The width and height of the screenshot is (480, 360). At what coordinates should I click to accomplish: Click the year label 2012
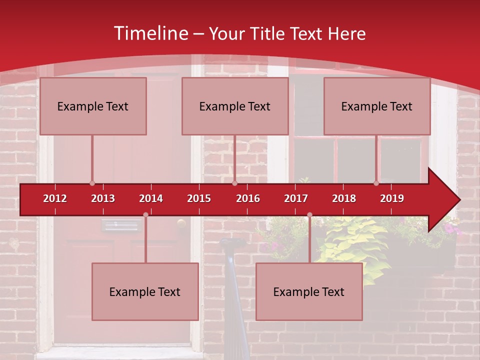click(x=55, y=198)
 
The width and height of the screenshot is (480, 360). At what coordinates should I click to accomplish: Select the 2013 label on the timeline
click(x=103, y=198)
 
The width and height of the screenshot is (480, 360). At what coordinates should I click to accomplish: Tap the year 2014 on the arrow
click(x=151, y=198)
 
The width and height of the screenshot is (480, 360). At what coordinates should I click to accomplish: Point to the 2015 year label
click(x=199, y=198)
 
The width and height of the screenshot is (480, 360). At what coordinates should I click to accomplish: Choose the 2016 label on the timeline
click(x=248, y=198)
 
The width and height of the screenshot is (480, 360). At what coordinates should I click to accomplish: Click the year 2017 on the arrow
click(x=296, y=198)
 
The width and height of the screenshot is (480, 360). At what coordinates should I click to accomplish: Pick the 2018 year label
click(x=344, y=198)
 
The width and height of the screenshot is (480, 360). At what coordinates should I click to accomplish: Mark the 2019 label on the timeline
click(x=392, y=198)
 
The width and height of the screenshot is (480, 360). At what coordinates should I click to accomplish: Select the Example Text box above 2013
click(x=93, y=106)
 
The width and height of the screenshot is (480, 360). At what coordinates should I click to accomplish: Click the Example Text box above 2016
click(x=235, y=106)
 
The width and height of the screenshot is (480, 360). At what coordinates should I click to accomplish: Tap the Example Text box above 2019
click(x=377, y=106)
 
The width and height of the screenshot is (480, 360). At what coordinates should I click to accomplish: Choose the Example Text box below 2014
click(x=145, y=291)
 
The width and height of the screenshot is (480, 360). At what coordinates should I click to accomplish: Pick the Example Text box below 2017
click(x=309, y=291)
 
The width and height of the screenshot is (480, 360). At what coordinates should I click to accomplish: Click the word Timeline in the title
click(x=150, y=33)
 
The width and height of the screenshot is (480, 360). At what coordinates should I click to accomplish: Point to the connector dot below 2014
click(x=145, y=215)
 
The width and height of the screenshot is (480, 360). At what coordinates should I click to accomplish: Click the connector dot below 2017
click(x=309, y=215)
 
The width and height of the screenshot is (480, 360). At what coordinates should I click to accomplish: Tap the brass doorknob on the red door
click(x=181, y=223)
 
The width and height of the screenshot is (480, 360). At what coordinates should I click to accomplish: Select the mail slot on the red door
click(x=121, y=226)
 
